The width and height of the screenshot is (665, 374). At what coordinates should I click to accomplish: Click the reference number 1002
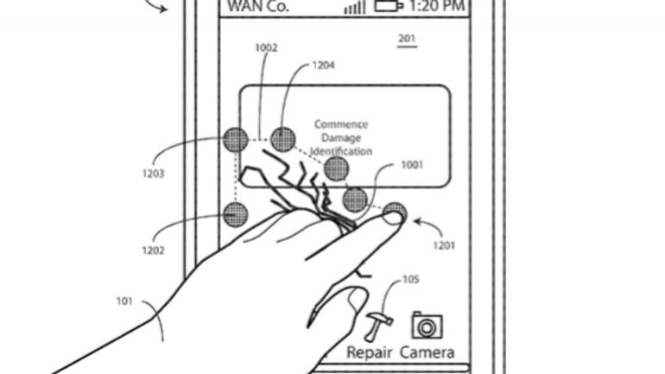point(266,48)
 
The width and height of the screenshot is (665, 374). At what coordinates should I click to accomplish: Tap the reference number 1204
point(324,65)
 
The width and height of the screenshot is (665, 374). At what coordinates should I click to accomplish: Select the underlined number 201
point(407,39)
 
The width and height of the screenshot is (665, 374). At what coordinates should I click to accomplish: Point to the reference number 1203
point(153,174)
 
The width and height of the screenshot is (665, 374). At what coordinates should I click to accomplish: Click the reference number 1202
point(152,250)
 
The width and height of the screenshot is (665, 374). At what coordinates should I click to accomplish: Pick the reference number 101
point(125,301)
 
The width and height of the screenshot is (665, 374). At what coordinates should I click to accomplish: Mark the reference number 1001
point(412,164)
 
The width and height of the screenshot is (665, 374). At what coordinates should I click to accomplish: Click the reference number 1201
point(444,245)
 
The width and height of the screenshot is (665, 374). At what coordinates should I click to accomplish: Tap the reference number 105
point(411,279)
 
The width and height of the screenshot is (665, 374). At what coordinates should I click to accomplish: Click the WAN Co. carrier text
point(258,8)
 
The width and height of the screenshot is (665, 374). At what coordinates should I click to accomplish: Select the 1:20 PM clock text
point(438,8)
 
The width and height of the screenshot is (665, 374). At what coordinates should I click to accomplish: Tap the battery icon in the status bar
point(388,7)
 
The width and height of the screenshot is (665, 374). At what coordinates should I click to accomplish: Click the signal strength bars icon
point(354,8)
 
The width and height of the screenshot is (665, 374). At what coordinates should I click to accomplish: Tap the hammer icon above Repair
point(377,326)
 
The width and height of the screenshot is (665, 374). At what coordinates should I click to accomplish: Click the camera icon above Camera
point(427,325)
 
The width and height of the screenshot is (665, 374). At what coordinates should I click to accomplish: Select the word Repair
point(369,352)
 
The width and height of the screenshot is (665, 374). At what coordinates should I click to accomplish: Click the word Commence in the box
point(341,124)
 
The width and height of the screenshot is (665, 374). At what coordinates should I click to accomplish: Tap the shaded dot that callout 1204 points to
point(283,138)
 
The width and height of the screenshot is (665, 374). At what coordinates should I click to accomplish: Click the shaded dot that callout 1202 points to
point(235,214)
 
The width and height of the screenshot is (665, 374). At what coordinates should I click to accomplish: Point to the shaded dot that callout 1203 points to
point(236,138)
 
